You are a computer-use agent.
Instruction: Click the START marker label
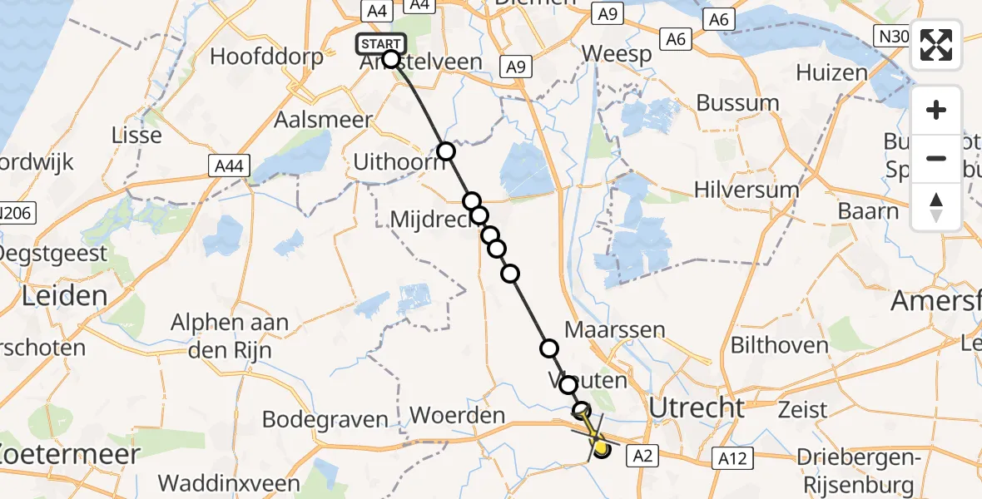coord(381,43)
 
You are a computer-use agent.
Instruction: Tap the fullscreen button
coord(936,45)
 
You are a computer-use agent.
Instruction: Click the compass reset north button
coord(936,207)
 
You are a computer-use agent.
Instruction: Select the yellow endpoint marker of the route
coord(601,450)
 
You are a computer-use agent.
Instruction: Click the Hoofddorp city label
coord(267,57)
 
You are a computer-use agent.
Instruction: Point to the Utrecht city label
coord(697,408)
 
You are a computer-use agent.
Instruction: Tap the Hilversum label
coord(746,190)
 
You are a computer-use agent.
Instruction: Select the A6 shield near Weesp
coord(675,38)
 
